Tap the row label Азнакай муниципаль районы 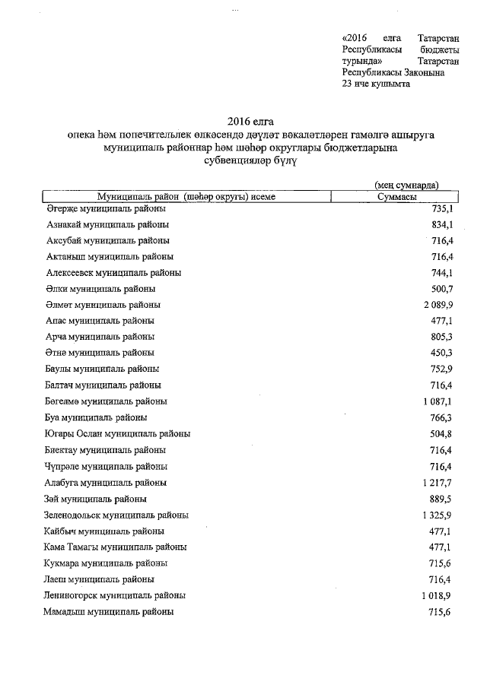click(107, 225)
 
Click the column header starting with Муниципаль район click(186, 196)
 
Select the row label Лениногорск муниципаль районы click(114, 595)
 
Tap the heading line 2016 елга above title click(250, 122)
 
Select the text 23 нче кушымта click(377, 84)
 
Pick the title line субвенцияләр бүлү click(250, 162)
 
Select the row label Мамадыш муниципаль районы click(108, 611)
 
